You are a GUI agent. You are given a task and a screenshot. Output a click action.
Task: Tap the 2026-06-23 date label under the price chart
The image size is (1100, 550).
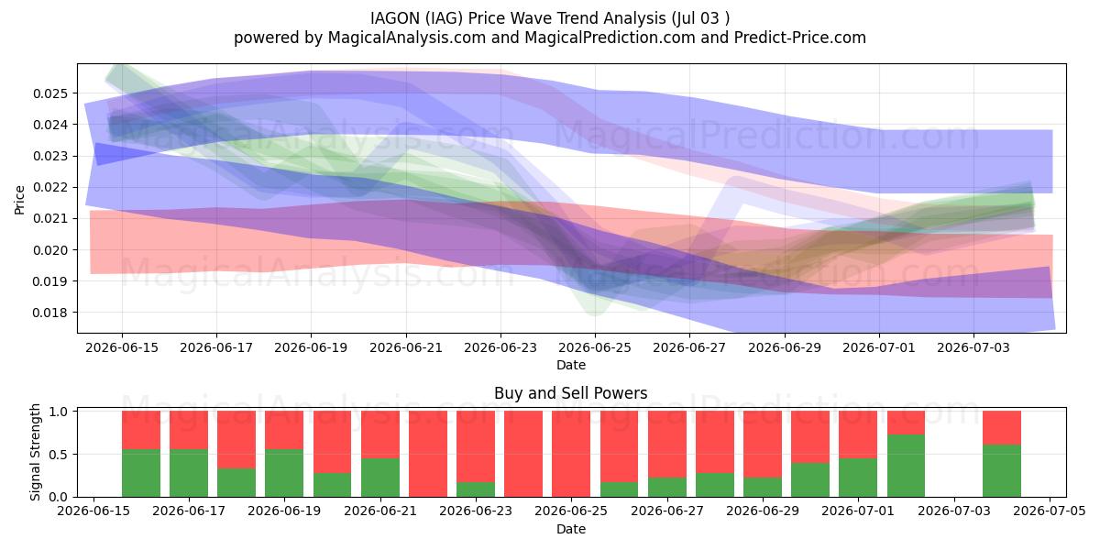[500, 347]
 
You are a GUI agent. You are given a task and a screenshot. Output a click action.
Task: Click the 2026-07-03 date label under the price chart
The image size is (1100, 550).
[973, 347]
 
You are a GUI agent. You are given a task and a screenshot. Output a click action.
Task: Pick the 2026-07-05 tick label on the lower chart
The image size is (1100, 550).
[1050, 511]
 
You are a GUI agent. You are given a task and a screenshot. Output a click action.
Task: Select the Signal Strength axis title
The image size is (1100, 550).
[35, 452]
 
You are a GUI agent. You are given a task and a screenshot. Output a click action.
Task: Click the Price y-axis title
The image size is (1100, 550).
[19, 200]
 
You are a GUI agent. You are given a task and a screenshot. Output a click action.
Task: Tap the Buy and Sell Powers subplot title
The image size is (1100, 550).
[570, 393]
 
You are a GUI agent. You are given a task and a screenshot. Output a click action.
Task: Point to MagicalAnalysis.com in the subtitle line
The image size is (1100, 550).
[407, 38]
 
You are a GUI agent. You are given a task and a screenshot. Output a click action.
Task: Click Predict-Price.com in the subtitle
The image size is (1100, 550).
[800, 38]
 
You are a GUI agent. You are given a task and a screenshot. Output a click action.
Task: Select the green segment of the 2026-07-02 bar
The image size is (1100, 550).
[906, 466]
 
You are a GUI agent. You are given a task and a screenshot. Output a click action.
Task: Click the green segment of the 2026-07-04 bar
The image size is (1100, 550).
[1002, 471]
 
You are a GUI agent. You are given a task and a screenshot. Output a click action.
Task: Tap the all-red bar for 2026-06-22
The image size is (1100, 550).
[428, 454]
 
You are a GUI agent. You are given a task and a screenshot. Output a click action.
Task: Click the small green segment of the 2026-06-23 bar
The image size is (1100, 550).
[476, 489]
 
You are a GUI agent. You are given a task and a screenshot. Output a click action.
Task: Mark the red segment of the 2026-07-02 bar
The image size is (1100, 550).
[906, 423]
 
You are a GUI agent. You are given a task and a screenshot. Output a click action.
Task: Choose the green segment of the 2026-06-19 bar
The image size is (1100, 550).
[284, 473]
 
